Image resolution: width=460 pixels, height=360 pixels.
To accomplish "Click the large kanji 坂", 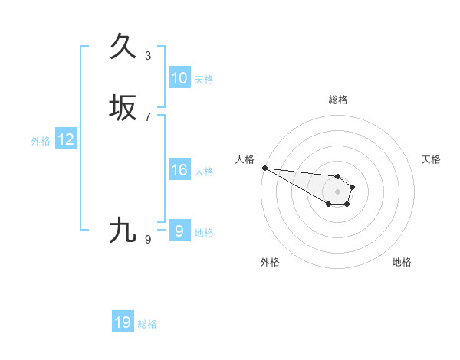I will tap(123, 107).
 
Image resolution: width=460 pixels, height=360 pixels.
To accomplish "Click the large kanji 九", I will tap(123, 230).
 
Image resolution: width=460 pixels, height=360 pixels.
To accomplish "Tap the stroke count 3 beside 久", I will tap(148, 55).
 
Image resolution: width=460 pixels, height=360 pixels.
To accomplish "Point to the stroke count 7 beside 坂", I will tap(148, 116).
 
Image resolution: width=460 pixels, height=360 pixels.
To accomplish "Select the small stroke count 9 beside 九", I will tap(148, 239).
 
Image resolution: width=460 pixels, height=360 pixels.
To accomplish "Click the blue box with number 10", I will tap(179, 78).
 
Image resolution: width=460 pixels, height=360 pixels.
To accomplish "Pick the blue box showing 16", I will tap(179, 170).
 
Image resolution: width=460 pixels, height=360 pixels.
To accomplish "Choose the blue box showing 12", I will tap(66, 139).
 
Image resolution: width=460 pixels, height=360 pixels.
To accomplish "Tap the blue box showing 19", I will tap(123, 323).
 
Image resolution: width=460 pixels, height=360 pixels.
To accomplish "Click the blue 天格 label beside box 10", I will tap(204, 80).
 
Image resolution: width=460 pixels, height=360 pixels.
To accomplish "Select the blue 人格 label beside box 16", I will tap(204, 172).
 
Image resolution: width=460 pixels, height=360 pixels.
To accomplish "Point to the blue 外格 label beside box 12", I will tap(41, 141).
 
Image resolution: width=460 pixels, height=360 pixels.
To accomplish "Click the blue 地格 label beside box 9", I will tap(204, 233).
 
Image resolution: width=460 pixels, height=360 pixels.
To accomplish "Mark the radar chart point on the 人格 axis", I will tap(264, 168).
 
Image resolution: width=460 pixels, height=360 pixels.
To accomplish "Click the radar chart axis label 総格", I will tap(337, 100).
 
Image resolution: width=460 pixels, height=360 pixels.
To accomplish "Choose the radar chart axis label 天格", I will tap(431, 159).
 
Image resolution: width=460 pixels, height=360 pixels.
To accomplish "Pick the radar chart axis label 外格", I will tap(270, 262).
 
